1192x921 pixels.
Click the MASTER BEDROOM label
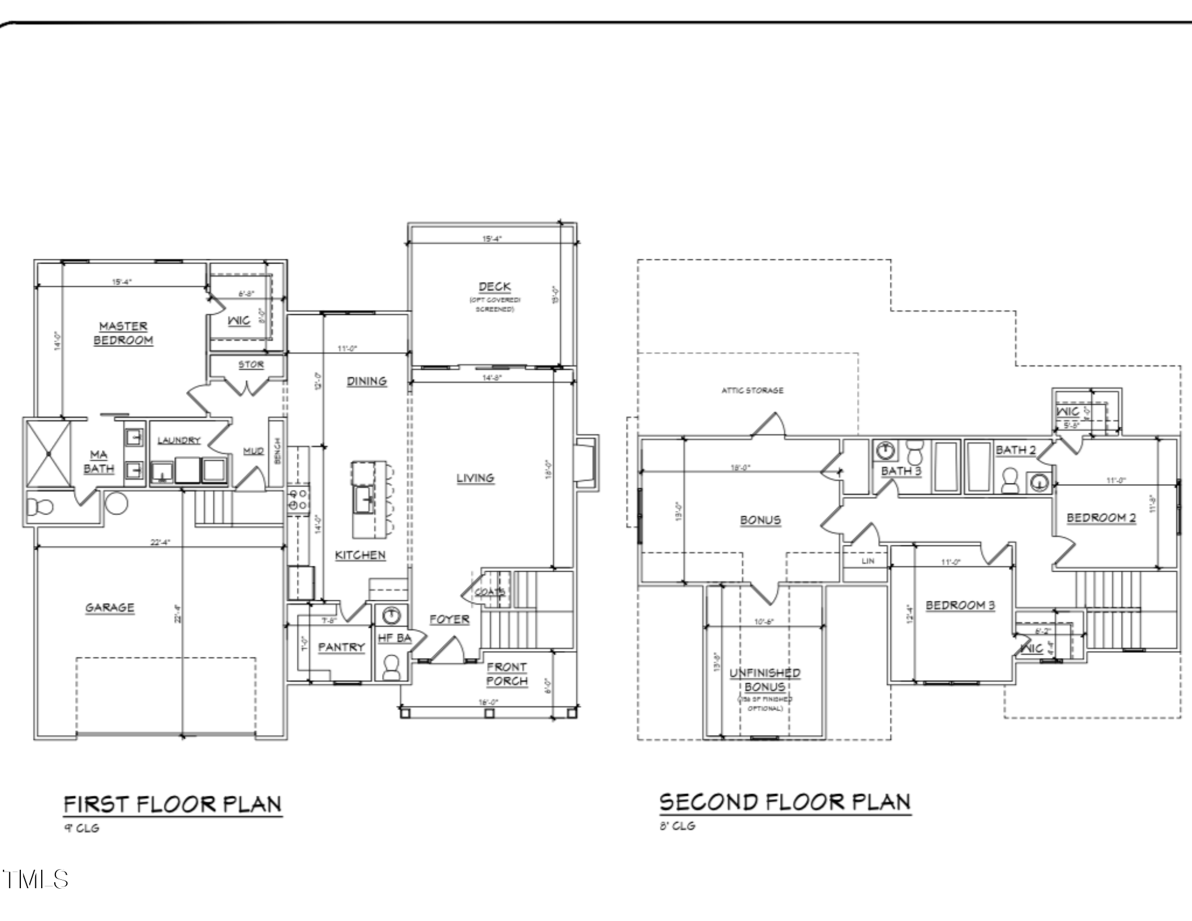(123, 333)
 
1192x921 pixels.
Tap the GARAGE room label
(110, 607)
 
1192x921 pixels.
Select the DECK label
(495, 287)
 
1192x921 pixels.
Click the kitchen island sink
(363, 498)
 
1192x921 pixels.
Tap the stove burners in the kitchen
(297, 499)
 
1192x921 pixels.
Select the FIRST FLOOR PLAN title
(172, 804)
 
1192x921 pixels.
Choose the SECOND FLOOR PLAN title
(785, 802)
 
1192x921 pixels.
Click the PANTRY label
(341, 647)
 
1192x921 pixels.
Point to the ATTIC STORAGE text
(752, 390)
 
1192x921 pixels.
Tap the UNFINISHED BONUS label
(765, 680)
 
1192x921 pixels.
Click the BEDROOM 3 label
(960, 605)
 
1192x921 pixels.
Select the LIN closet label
(868, 561)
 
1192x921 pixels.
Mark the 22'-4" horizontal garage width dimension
(160, 542)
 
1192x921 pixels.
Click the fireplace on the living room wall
(586, 462)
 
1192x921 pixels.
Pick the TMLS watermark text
(36, 879)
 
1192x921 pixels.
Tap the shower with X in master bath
(48, 454)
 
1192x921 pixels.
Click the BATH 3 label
(901, 471)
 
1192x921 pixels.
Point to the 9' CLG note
(82, 828)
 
